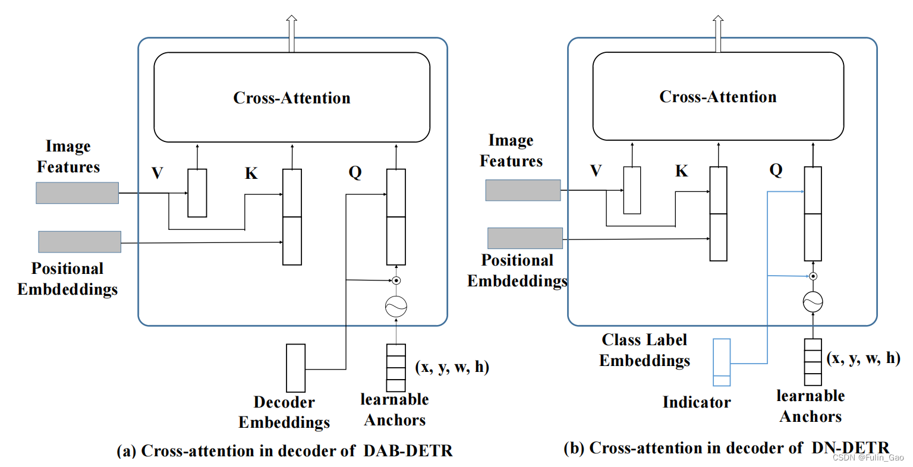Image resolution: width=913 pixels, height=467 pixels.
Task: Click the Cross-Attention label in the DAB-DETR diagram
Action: [x=292, y=98]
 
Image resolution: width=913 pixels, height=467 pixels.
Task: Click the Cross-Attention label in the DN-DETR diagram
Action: [x=718, y=97]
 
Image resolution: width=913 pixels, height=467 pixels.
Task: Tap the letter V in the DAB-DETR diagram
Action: [x=158, y=173]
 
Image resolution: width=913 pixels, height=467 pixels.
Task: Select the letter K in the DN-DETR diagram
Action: [x=682, y=171]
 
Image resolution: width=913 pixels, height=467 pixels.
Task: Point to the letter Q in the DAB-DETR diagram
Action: [x=355, y=172]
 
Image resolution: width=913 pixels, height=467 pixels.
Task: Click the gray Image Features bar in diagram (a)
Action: [x=77, y=193]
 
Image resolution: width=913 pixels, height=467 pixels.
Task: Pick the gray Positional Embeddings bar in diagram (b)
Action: [x=525, y=238]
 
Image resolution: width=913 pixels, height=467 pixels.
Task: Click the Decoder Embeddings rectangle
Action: [x=295, y=368]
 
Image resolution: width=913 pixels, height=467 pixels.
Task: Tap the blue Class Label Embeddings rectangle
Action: [x=722, y=362]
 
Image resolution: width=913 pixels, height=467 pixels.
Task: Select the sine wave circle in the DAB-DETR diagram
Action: [x=396, y=307]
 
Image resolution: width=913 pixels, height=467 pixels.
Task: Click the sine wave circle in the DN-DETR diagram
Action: [x=813, y=302]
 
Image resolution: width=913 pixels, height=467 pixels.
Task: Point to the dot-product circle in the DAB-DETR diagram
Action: [x=396, y=280]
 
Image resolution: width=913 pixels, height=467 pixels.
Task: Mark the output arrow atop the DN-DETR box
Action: [x=718, y=34]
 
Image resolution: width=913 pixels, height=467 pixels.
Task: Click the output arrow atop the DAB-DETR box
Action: [x=291, y=34]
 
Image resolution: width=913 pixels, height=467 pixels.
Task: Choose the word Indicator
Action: [x=697, y=402]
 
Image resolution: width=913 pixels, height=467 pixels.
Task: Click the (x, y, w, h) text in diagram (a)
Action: [x=452, y=367]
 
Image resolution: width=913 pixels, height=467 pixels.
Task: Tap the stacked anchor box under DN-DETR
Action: [x=813, y=362]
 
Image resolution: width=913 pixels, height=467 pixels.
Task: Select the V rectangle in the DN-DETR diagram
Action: [x=632, y=190]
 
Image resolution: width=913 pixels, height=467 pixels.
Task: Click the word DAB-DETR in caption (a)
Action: [x=408, y=451]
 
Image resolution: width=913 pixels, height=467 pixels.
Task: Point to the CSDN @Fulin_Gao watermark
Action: [x=868, y=457]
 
